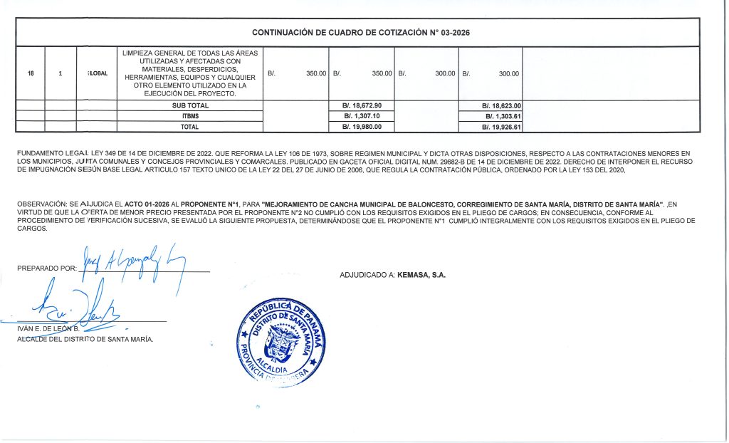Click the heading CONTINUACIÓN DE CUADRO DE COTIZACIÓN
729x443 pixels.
click(x=361, y=33)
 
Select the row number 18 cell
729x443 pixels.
click(x=30, y=73)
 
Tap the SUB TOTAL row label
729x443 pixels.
click(x=189, y=105)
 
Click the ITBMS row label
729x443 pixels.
click(x=189, y=116)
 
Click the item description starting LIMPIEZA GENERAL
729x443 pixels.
click(x=190, y=73)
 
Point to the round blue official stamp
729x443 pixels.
click(x=283, y=338)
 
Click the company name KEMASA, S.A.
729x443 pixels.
click(x=426, y=274)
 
